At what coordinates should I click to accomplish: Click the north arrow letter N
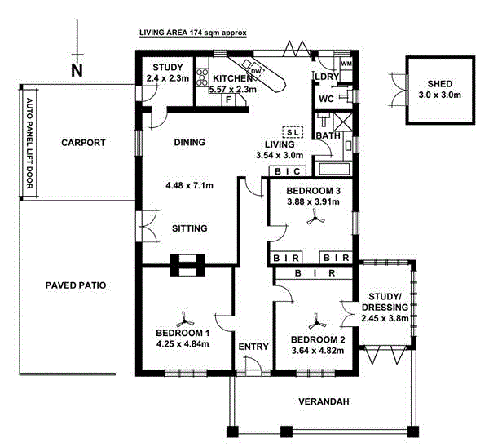click(77, 70)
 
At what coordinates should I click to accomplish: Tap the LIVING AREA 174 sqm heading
click(192, 34)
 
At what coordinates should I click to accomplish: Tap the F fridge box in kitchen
click(228, 99)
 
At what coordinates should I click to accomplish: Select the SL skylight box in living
click(291, 131)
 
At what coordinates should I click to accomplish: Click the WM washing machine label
click(346, 64)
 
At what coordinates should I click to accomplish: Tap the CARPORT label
click(84, 143)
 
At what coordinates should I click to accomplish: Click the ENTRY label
click(253, 347)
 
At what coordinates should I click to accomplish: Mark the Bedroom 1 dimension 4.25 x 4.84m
click(183, 343)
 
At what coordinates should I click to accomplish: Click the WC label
click(326, 99)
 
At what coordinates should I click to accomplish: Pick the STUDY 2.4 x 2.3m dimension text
click(167, 79)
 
